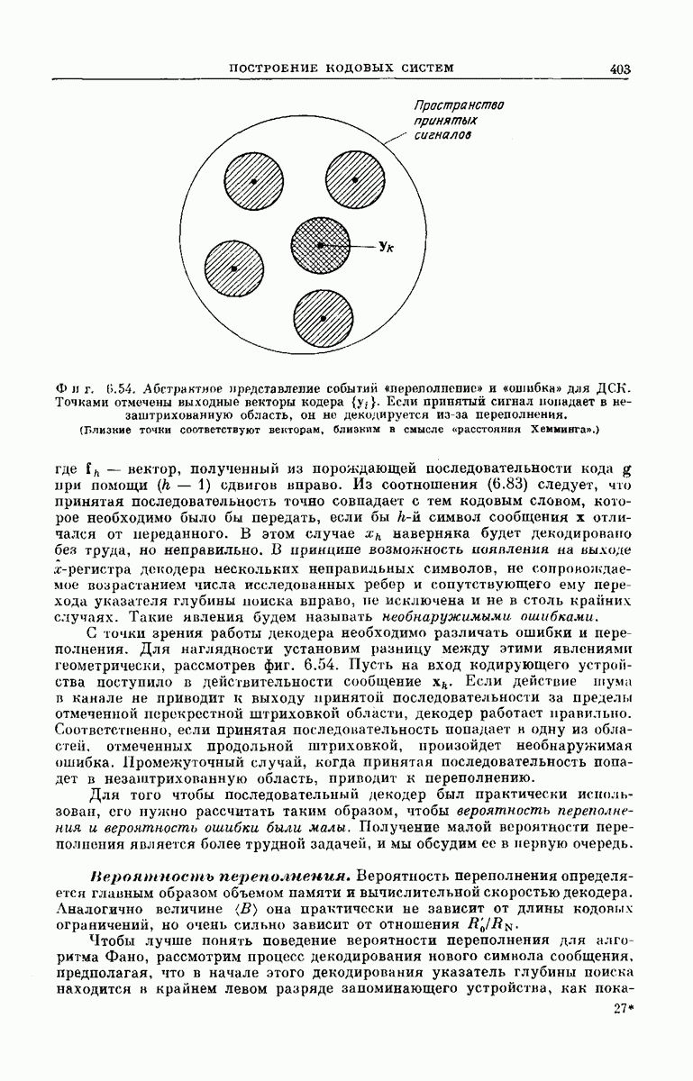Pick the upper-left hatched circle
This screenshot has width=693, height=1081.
[x=253, y=181]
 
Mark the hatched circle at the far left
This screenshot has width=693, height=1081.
[x=233, y=268]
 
